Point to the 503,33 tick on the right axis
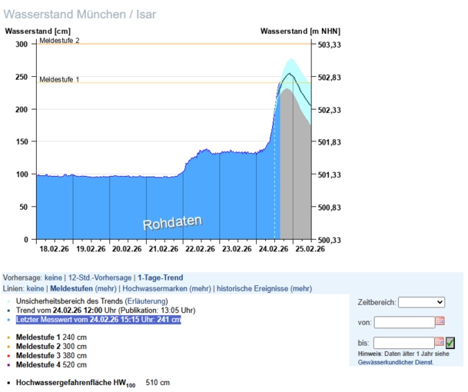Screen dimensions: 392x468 [329, 45]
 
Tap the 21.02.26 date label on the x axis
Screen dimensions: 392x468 [163, 249]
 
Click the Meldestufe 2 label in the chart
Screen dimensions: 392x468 [59, 40]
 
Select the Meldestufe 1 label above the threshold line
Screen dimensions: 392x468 [59, 79]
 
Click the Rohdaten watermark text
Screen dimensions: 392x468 [172, 223]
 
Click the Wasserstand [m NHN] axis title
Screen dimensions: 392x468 [300, 32]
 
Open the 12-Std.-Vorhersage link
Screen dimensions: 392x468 [100, 277]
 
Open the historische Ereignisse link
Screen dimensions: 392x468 [253, 288]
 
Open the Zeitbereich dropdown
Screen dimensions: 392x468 [421, 303]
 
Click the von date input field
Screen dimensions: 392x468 [404, 322]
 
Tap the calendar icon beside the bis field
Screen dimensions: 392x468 [440, 342]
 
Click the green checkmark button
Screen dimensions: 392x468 [450, 342]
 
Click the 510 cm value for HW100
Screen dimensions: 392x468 [158, 382]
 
